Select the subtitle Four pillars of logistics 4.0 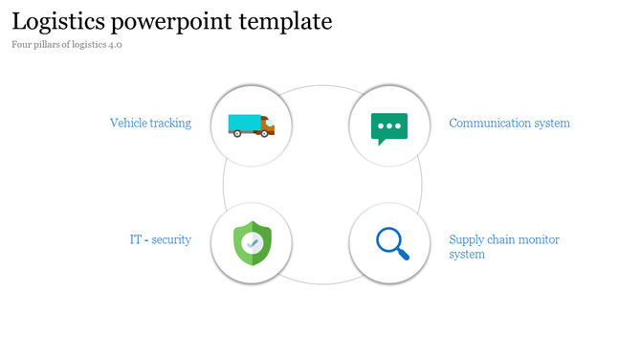pos(67,45)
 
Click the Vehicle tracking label pos(150,124)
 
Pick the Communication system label pos(509,124)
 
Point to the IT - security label pos(160,239)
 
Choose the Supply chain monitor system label pos(504,247)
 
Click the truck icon pos(251,124)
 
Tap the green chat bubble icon pos(389,127)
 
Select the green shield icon pos(252,243)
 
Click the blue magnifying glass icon pos(391,243)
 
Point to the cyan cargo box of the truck pos(243,123)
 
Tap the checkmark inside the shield pos(252,243)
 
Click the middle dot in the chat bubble pos(389,124)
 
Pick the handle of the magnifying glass pos(403,255)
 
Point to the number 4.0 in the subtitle pos(116,45)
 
